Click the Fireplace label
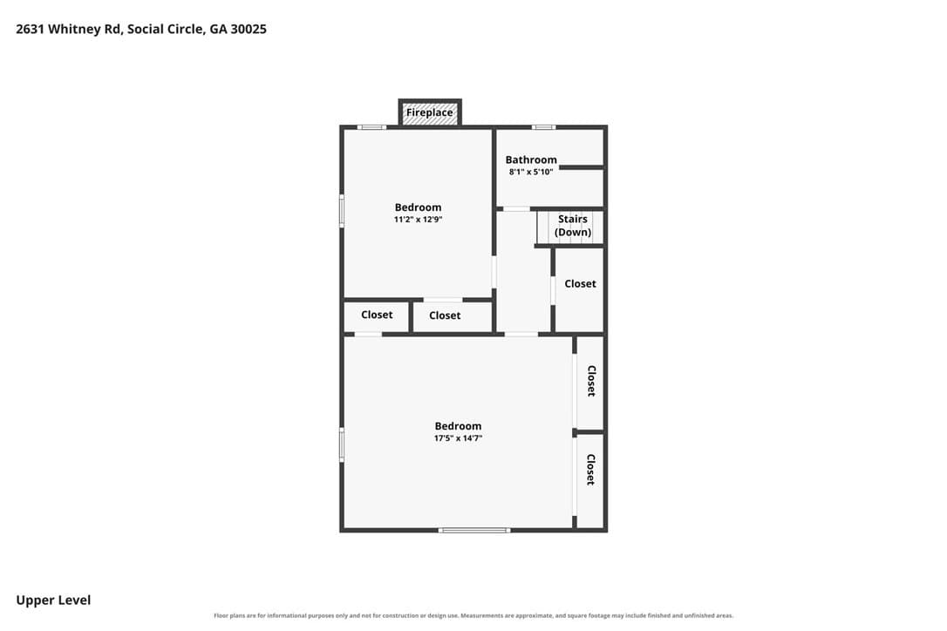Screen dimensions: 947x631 (429, 112)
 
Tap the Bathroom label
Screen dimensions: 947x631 (531, 159)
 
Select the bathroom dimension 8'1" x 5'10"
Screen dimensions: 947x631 (531, 172)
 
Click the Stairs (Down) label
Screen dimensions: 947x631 (573, 225)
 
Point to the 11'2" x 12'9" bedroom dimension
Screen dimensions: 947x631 (418, 219)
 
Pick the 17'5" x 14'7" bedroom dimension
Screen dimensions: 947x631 (458, 438)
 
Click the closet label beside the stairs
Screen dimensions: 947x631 (580, 283)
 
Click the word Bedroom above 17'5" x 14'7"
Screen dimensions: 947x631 (458, 425)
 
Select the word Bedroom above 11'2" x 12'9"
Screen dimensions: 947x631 (418, 207)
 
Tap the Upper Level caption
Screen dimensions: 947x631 (53, 600)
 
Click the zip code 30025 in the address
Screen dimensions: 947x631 (249, 29)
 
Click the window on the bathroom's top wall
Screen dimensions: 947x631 (543, 126)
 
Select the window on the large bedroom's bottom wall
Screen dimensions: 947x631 (474, 530)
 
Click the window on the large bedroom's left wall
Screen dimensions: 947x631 (342, 445)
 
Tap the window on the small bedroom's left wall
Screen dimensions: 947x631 (342, 211)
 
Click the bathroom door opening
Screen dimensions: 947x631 (516, 209)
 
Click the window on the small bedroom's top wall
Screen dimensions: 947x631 (371, 126)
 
